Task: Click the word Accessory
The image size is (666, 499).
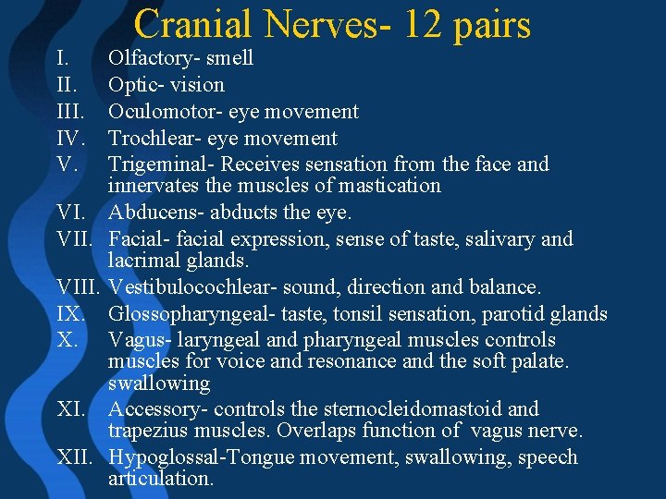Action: pyautogui.click(x=151, y=409)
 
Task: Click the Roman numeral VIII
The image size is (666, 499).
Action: pyautogui.click(x=79, y=287)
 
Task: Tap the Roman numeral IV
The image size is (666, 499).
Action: pyautogui.click(x=70, y=139)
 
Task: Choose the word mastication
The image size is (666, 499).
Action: pyautogui.click(x=388, y=186)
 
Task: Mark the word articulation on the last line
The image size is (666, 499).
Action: pyautogui.click(x=160, y=479)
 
